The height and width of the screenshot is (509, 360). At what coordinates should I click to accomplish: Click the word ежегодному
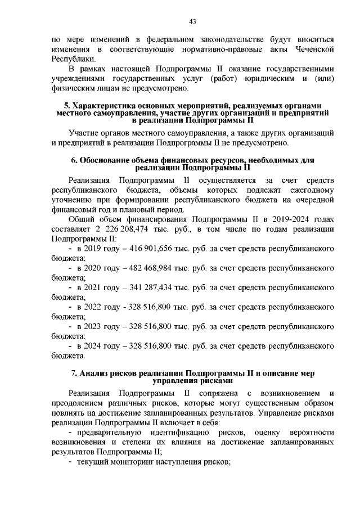308,190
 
